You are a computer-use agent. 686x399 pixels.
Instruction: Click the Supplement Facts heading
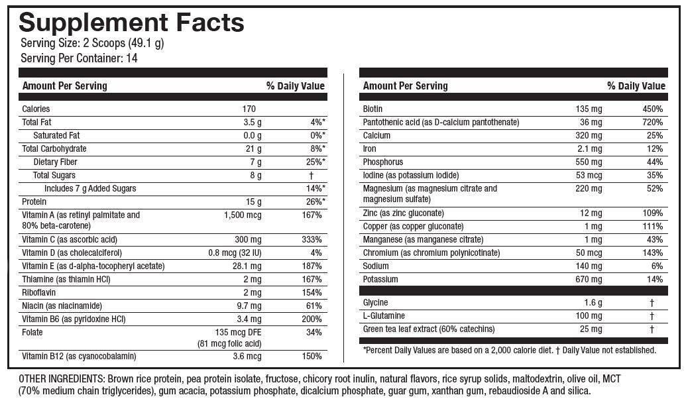click(131, 23)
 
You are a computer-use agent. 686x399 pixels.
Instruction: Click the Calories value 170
click(249, 109)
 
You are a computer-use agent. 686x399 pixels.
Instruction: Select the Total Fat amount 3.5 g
click(253, 122)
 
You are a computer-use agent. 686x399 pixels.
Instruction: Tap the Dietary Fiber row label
click(56, 162)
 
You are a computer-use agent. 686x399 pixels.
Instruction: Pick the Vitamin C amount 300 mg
click(245, 239)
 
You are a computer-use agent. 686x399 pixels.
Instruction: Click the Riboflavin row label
click(38, 292)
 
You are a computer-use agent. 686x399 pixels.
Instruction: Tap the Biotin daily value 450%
click(652, 109)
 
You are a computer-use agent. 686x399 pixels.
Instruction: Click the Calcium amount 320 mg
click(589, 135)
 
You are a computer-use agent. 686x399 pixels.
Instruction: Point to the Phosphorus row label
click(382, 162)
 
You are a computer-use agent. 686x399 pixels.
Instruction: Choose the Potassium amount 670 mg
click(589, 279)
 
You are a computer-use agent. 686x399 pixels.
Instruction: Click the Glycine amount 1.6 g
click(593, 303)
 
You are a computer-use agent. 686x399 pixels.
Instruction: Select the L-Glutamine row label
click(384, 316)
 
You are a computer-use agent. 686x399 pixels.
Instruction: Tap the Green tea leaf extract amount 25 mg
click(591, 329)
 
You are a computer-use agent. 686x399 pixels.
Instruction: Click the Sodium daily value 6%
click(657, 266)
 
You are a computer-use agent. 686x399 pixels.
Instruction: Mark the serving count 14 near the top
click(131, 58)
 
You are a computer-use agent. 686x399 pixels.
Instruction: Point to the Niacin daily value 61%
click(314, 306)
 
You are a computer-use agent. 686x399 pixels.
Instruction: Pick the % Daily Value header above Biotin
click(636, 85)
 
